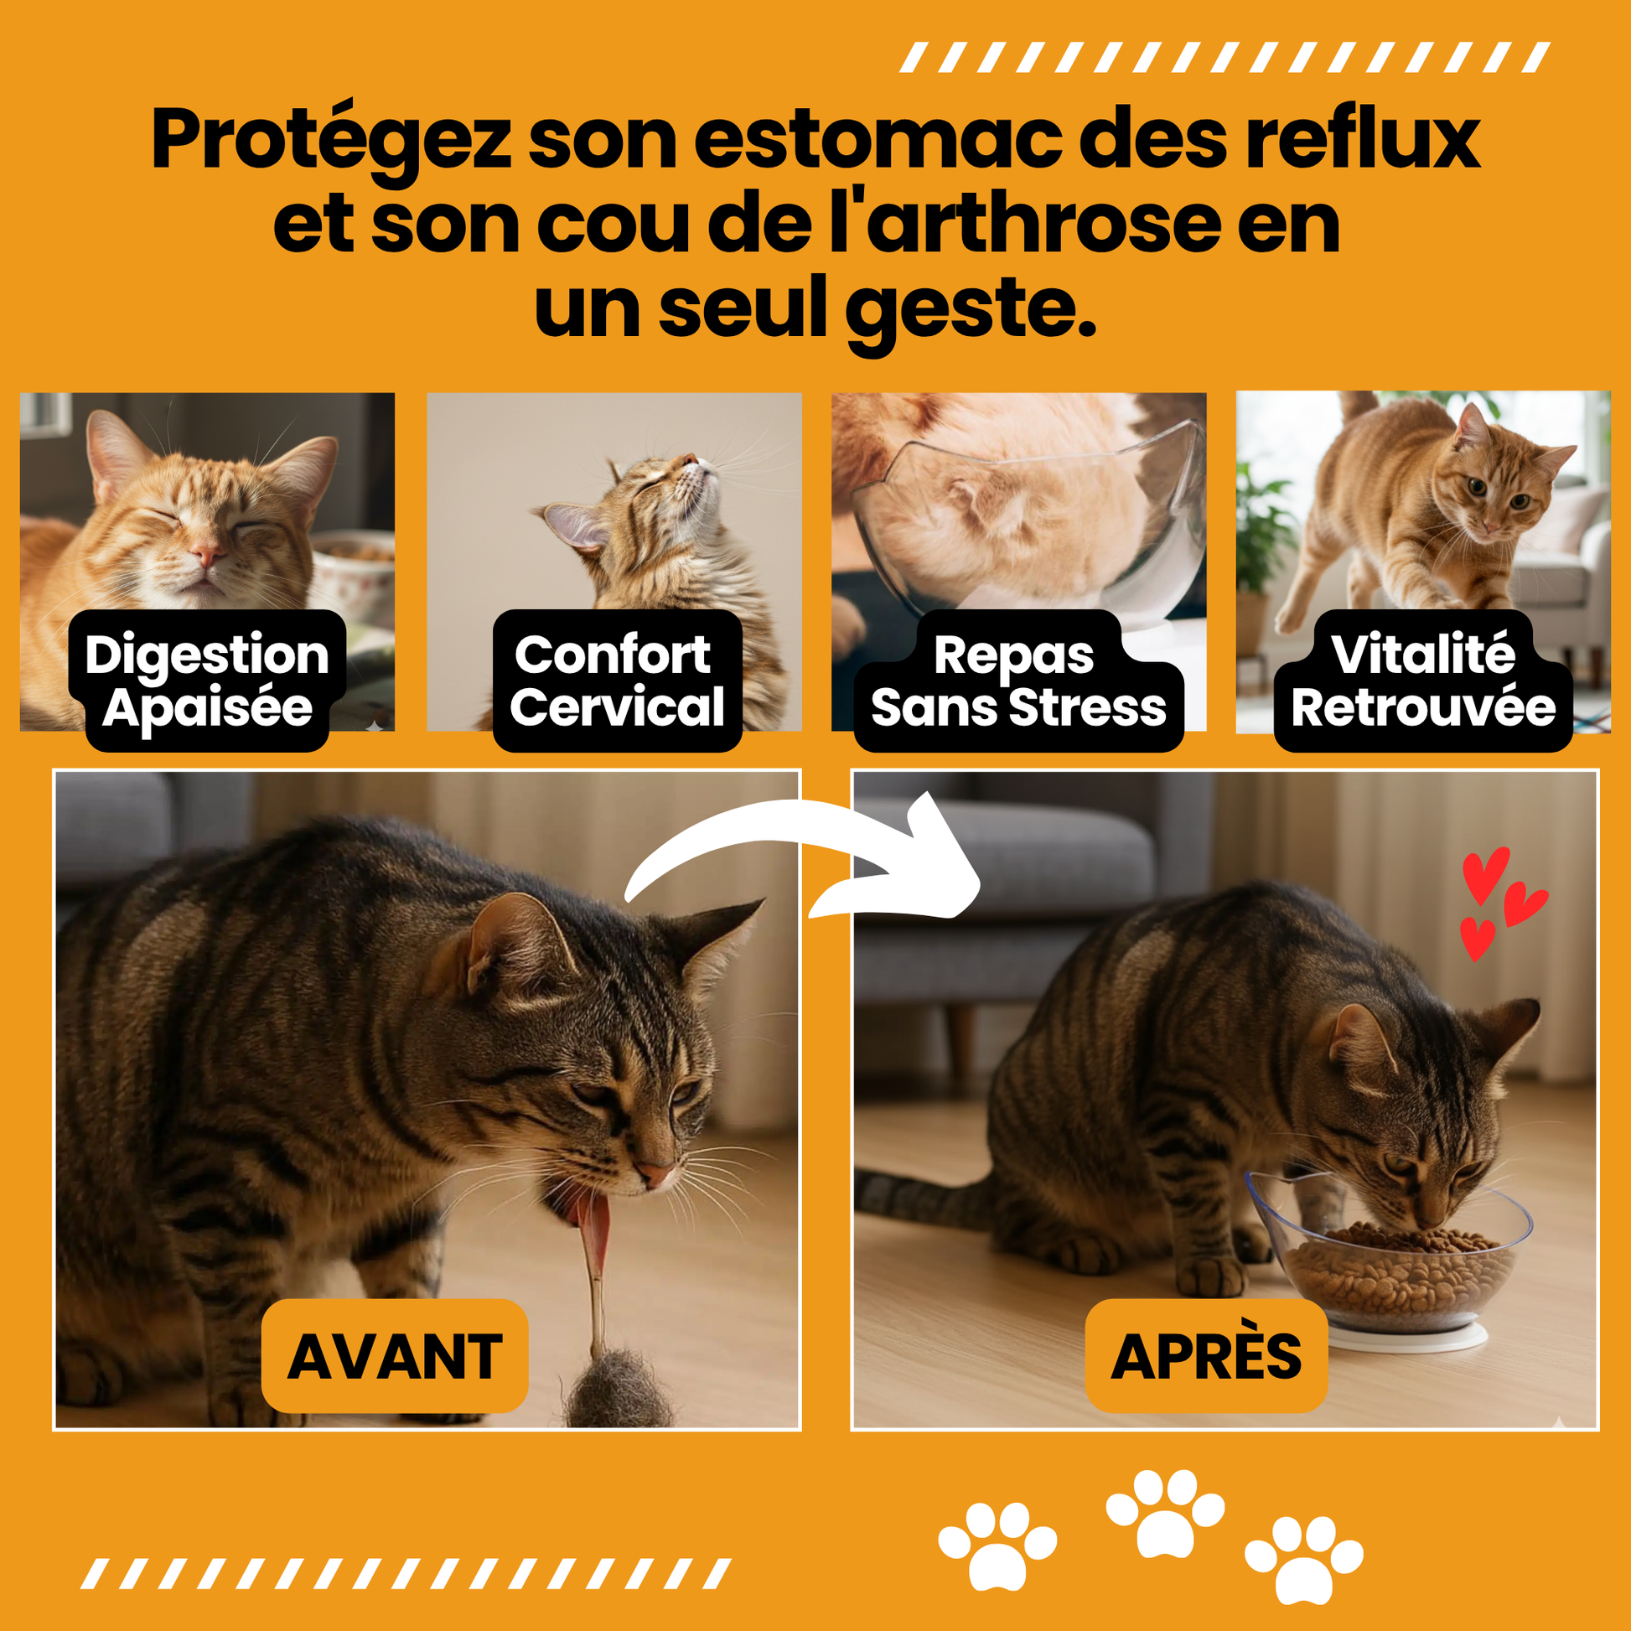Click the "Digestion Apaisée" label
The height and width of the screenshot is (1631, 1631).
(x=207, y=681)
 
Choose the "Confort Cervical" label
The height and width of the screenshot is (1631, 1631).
(x=617, y=681)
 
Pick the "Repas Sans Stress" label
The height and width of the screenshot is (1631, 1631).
(x=1018, y=681)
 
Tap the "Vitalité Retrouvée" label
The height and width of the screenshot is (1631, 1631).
(x=1423, y=681)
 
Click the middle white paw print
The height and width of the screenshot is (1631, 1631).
(x=1165, y=1514)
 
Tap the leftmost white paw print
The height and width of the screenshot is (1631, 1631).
(x=997, y=1546)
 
